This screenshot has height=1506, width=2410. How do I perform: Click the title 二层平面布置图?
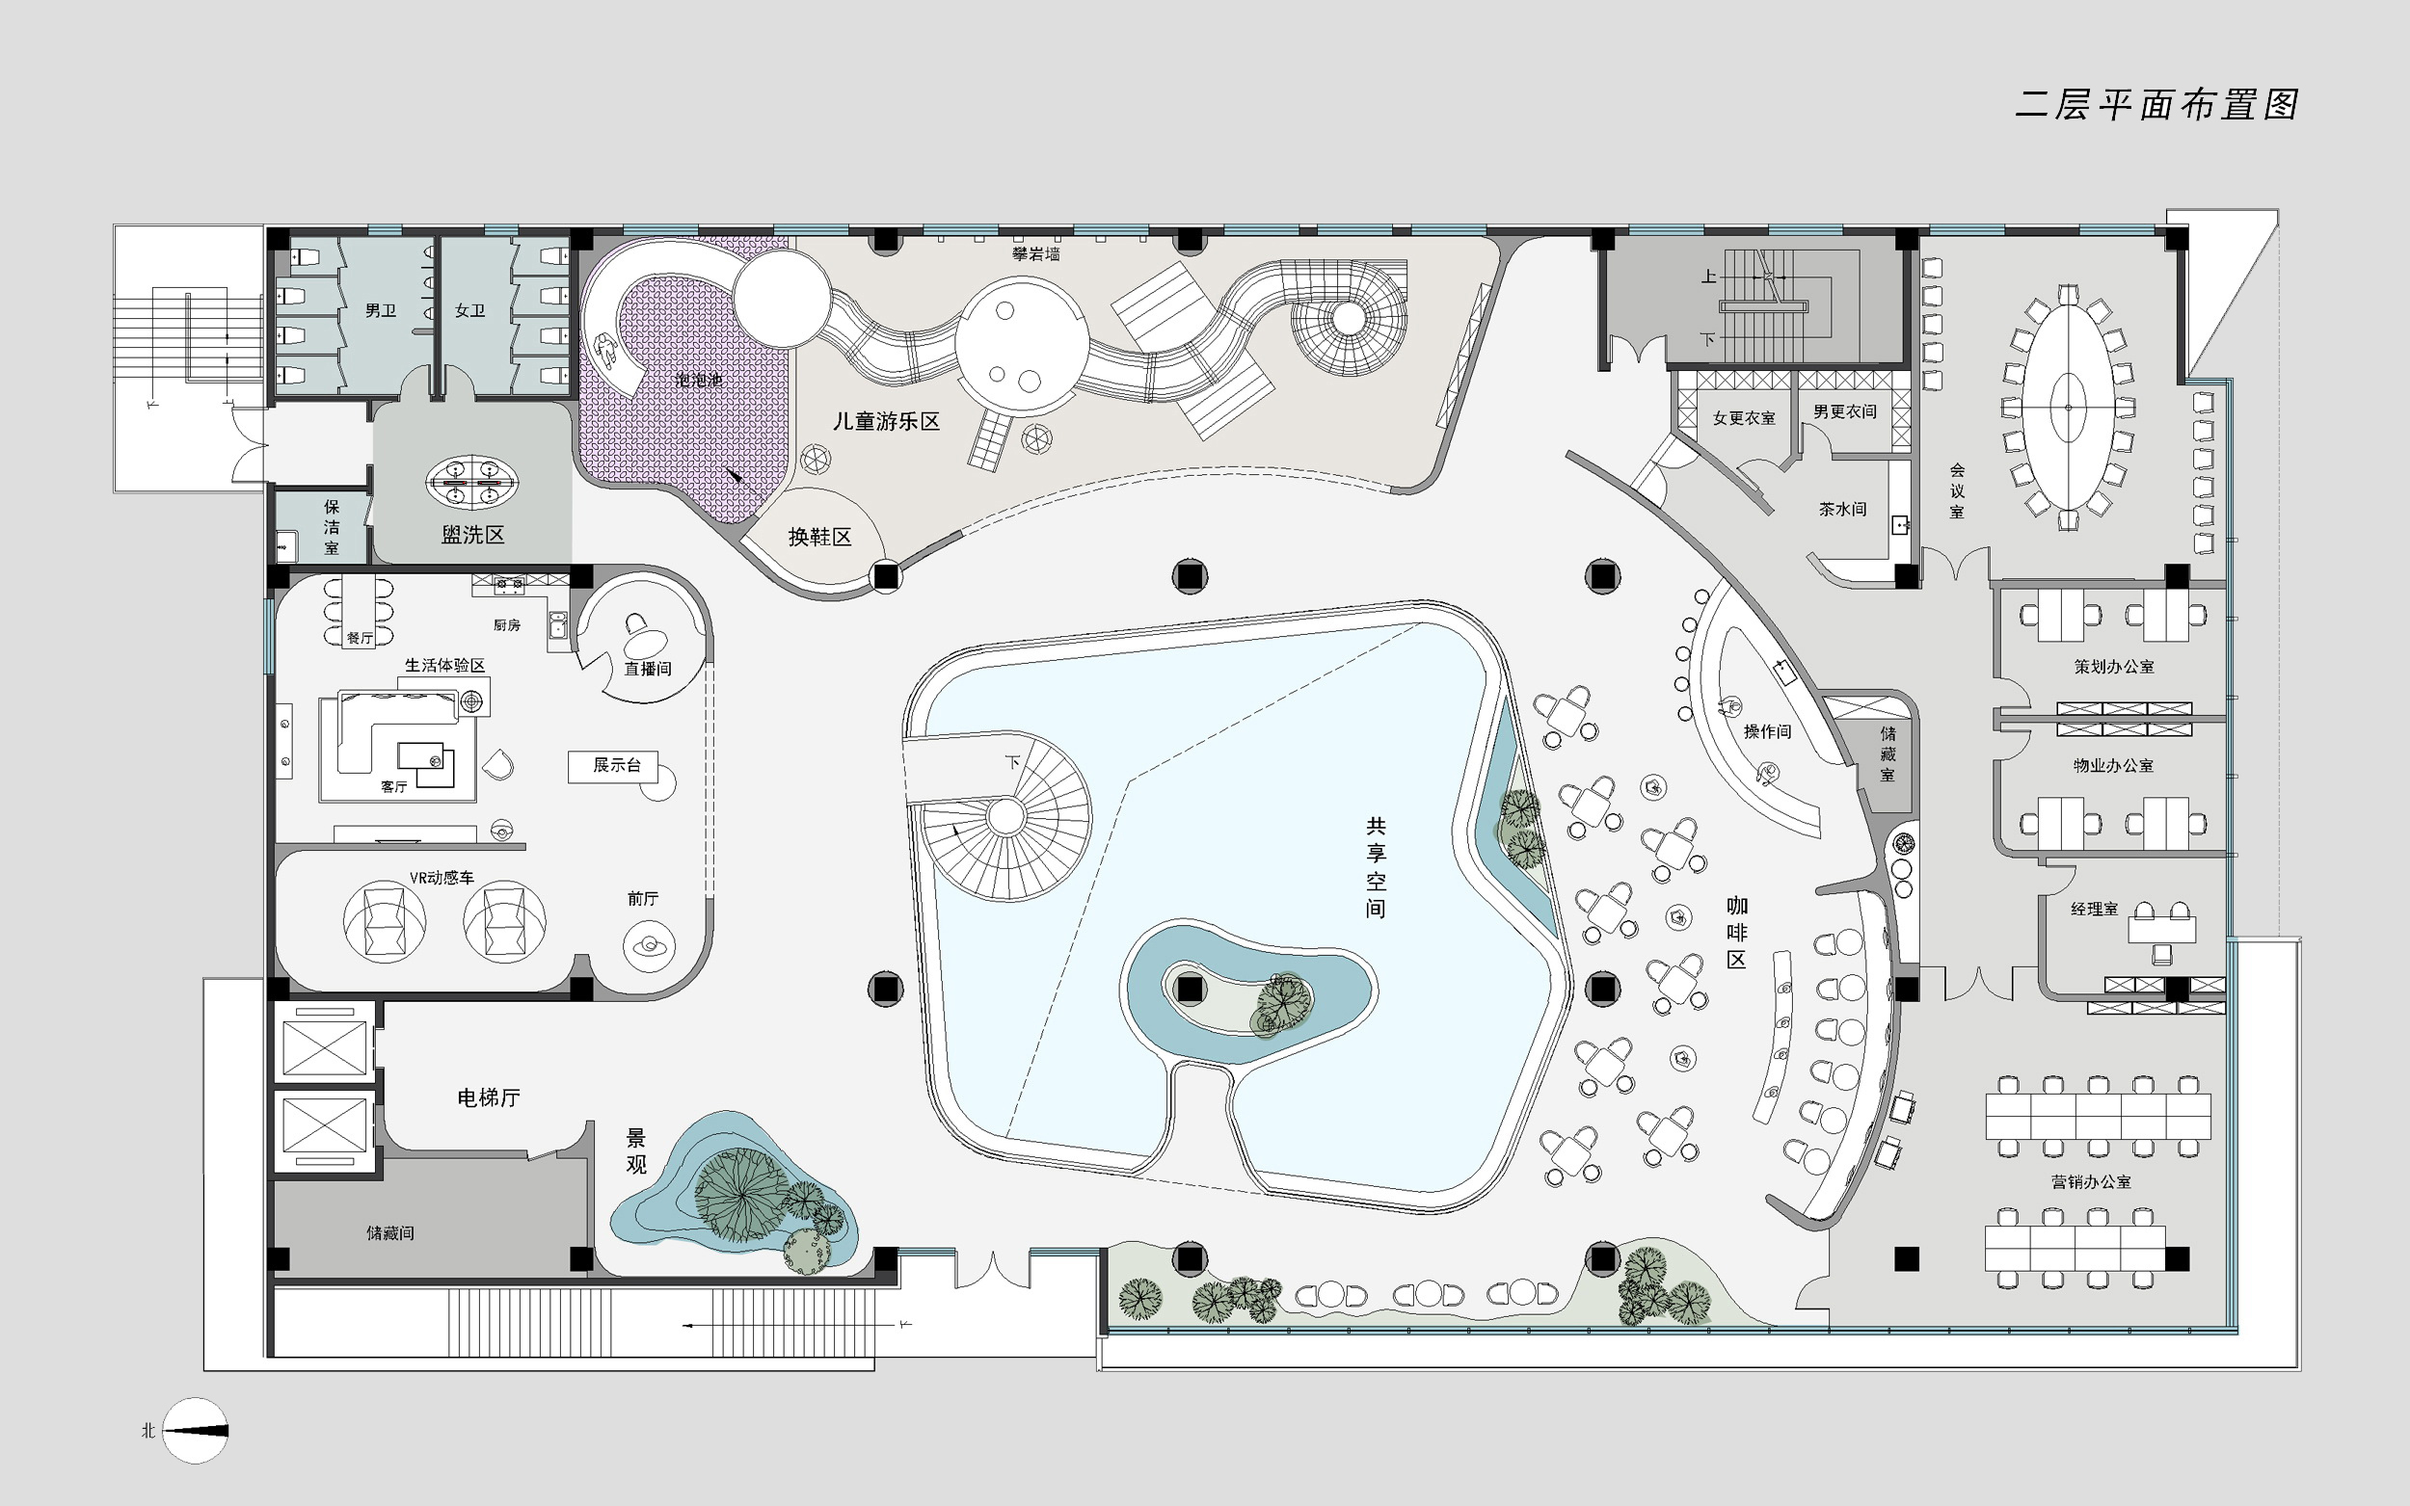pyautogui.click(x=2156, y=105)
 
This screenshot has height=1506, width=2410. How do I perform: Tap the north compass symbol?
pyautogui.click(x=196, y=1430)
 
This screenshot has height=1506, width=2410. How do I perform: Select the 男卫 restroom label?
pyautogui.click(x=381, y=311)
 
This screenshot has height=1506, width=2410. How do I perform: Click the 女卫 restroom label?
pyautogui.click(x=470, y=311)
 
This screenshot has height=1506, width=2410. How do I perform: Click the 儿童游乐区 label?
pyautogui.click(x=887, y=421)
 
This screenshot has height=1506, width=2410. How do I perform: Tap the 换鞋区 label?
pyautogui.click(x=820, y=537)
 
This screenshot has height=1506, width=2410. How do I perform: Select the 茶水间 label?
pyautogui.click(x=1843, y=509)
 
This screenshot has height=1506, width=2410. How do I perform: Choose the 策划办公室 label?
pyautogui.click(x=2114, y=667)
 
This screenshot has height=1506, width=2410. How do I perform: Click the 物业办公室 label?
pyautogui.click(x=2114, y=765)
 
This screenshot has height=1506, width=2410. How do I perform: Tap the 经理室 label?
pyautogui.click(x=2094, y=909)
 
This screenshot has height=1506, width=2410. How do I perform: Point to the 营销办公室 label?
pyautogui.click(x=2091, y=1181)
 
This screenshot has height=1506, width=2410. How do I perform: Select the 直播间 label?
pyautogui.click(x=648, y=669)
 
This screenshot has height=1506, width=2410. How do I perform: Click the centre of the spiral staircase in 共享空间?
pyautogui.click(x=1006, y=817)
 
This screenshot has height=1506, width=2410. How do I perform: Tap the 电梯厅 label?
pyautogui.click(x=488, y=1097)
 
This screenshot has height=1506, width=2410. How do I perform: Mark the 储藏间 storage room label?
pyautogui.click(x=390, y=1233)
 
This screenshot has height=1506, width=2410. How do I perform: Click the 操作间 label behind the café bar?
pyautogui.click(x=1767, y=731)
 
